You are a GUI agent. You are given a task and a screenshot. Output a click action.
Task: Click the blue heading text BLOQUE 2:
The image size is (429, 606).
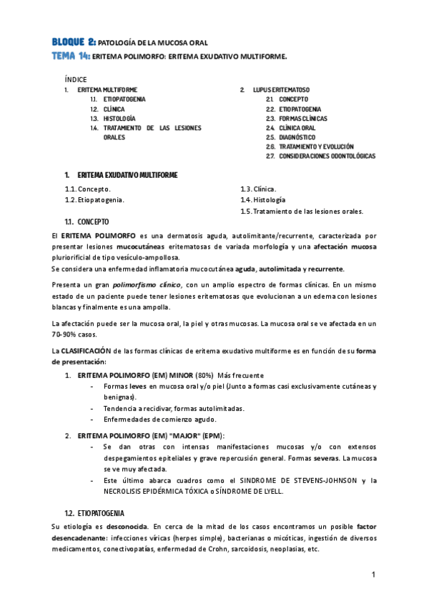point(74,42)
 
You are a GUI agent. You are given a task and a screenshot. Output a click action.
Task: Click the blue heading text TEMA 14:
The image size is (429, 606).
point(71,55)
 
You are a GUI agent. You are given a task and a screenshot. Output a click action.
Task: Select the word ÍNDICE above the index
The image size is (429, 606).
point(75,79)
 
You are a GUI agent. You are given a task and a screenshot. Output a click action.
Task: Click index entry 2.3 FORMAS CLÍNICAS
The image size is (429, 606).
point(304,118)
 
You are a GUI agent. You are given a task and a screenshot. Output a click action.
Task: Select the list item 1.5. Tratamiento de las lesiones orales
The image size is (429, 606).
point(302,211)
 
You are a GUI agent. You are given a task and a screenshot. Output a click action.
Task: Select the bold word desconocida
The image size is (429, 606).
point(123,527)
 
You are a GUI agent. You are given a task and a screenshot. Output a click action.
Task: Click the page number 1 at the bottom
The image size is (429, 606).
point(373,575)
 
